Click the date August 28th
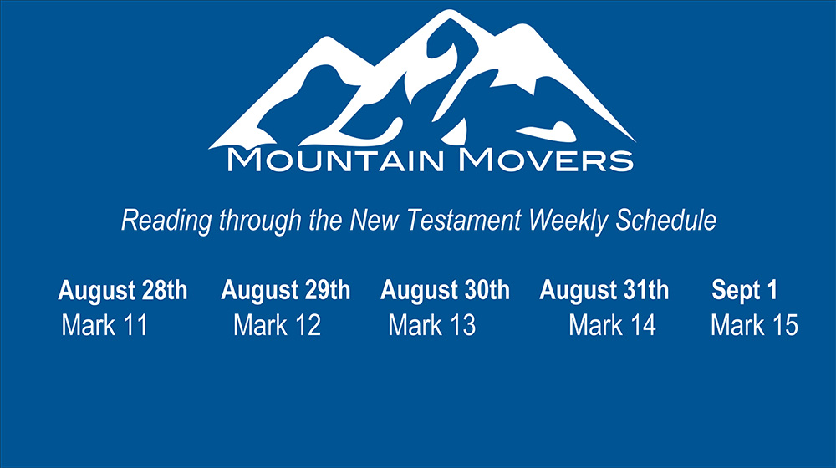[x=123, y=291]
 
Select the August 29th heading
[x=286, y=291]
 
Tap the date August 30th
[x=446, y=291]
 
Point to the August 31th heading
[x=604, y=291]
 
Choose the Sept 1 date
[x=745, y=291]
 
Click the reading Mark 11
[x=104, y=325]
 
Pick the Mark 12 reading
[x=278, y=325]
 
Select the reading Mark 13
[x=432, y=325]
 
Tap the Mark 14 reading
[x=612, y=325]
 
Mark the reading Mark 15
[x=754, y=325]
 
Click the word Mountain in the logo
[x=335, y=160]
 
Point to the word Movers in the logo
[x=546, y=160]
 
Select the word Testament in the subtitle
[x=464, y=220]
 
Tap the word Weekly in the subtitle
[x=568, y=221]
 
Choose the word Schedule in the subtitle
[x=666, y=220]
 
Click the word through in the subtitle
[x=261, y=221]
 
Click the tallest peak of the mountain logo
[x=450, y=13]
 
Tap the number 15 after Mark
[x=785, y=325]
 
